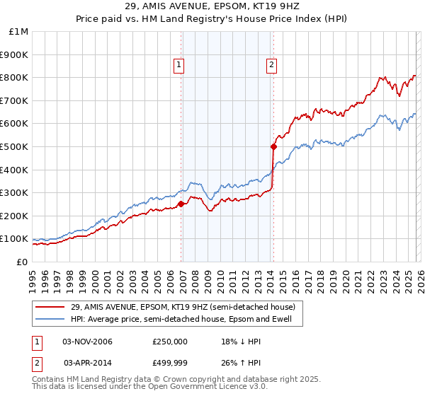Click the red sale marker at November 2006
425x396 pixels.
[181, 204]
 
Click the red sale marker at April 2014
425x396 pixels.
[273, 146]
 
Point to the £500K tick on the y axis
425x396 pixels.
[16, 146]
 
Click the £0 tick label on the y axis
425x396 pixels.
[22, 262]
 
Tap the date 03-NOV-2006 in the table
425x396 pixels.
[87, 342]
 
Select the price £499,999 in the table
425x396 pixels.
[169, 363]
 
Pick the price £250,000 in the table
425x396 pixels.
[169, 342]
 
